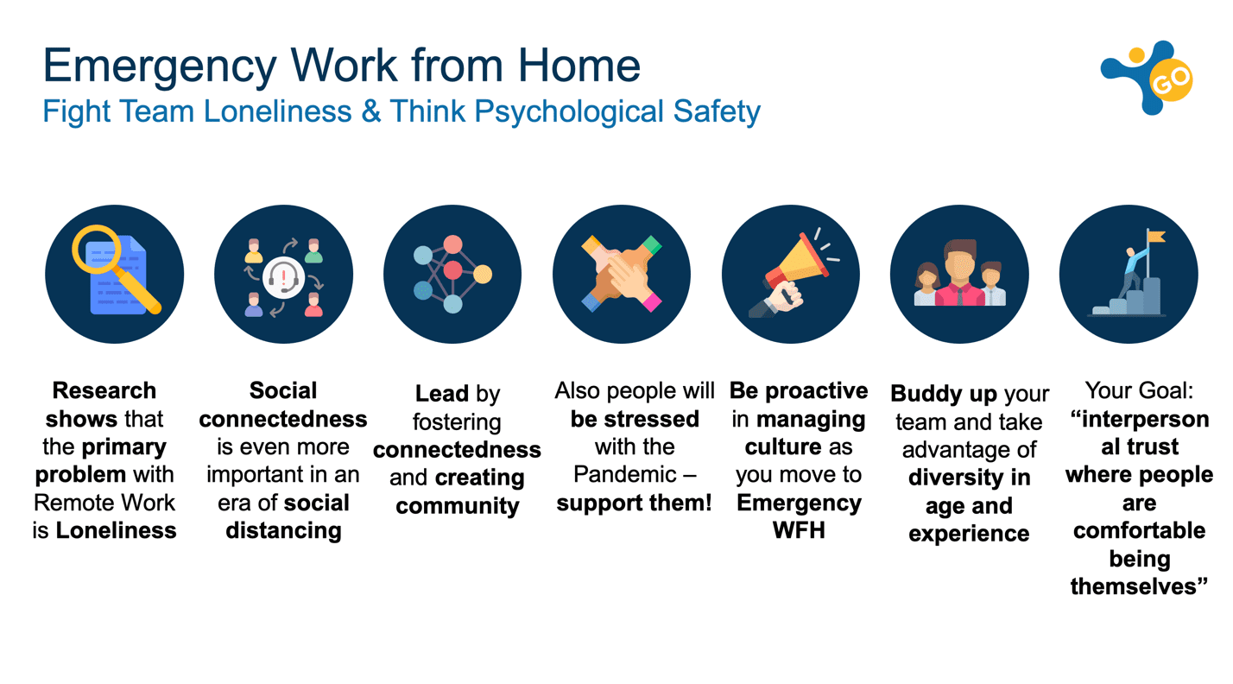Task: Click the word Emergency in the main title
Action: [160, 67]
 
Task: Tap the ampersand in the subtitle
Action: [371, 111]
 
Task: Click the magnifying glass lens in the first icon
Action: [97, 250]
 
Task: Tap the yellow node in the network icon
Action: [482, 274]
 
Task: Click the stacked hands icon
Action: [622, 274]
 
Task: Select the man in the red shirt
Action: [960, 273]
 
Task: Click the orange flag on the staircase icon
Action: [1156, 237]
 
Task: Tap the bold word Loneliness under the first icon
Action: [117, 531]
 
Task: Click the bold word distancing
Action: [283, 531]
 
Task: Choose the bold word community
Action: [458, 506]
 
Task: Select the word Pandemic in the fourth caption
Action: [625, 475]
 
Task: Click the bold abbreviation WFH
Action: [799, 531]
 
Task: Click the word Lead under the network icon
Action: [441, 394]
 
